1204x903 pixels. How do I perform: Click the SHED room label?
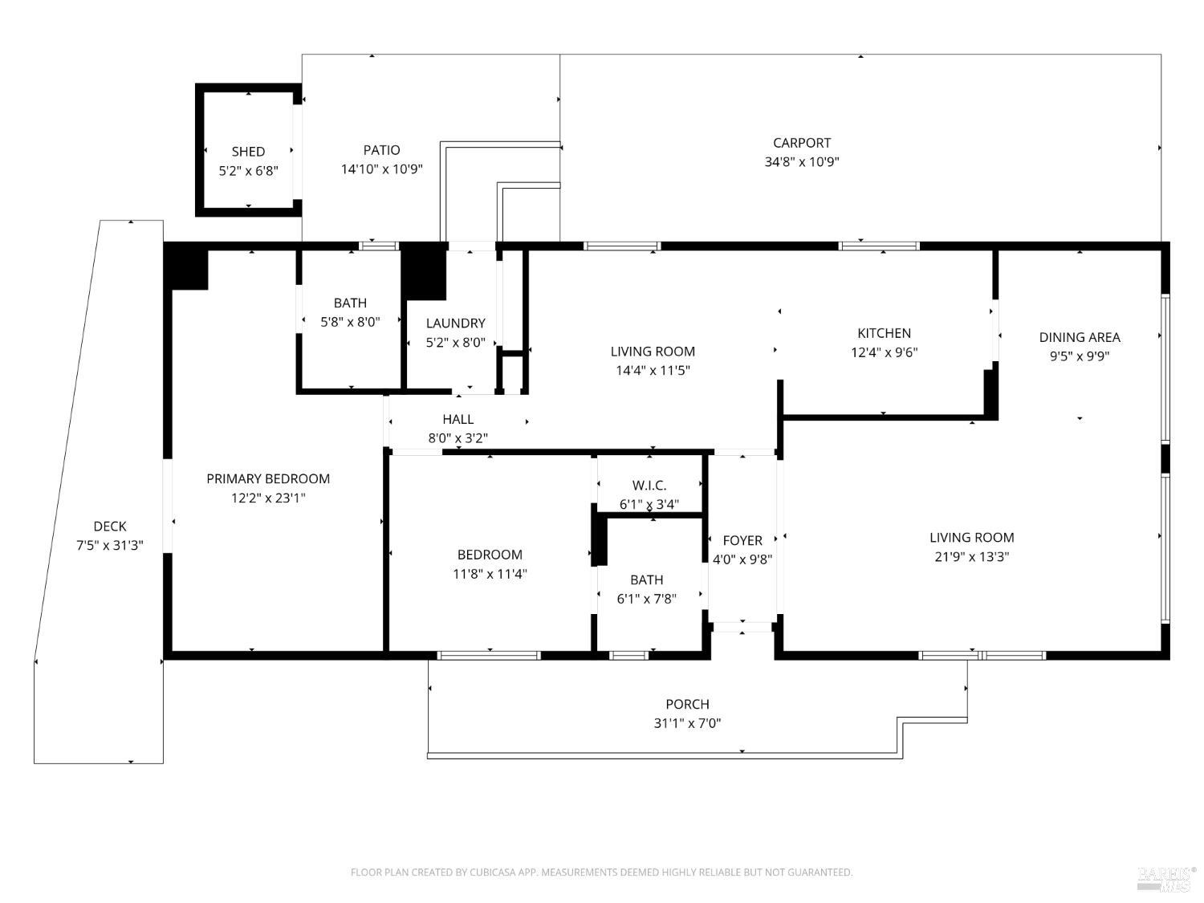[x=248, y=152]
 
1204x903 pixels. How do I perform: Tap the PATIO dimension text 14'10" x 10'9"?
[x=382, y=169]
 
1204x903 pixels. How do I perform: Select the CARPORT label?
[x=801, y=143]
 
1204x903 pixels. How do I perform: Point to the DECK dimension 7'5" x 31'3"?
[x=110, y=545]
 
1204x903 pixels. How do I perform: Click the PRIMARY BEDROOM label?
[x=268, y=478]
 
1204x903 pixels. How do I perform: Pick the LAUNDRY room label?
[x=456, y=323]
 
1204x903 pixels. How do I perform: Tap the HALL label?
[x=458, y=420]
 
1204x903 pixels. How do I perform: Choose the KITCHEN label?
[x=885, y=333]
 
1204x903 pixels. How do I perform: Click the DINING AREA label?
[x=1080, y=337]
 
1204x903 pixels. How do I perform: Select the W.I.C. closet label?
[x=649, y=486]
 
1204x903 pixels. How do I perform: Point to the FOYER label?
[x=742, y=540]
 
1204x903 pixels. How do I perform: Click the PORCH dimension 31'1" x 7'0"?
[x=687, y=723]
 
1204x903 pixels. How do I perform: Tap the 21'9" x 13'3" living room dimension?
[x=971, y=556]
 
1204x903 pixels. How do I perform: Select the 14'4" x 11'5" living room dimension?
[x=653, y=370]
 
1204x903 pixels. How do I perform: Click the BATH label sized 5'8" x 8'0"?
[x=350, y=303]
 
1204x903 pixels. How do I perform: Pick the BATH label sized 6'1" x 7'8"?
[x=647, y=580]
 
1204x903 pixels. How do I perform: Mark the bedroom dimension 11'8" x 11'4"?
[x=490, y=574]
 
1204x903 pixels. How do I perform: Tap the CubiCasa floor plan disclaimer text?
[x=602, y=872]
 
